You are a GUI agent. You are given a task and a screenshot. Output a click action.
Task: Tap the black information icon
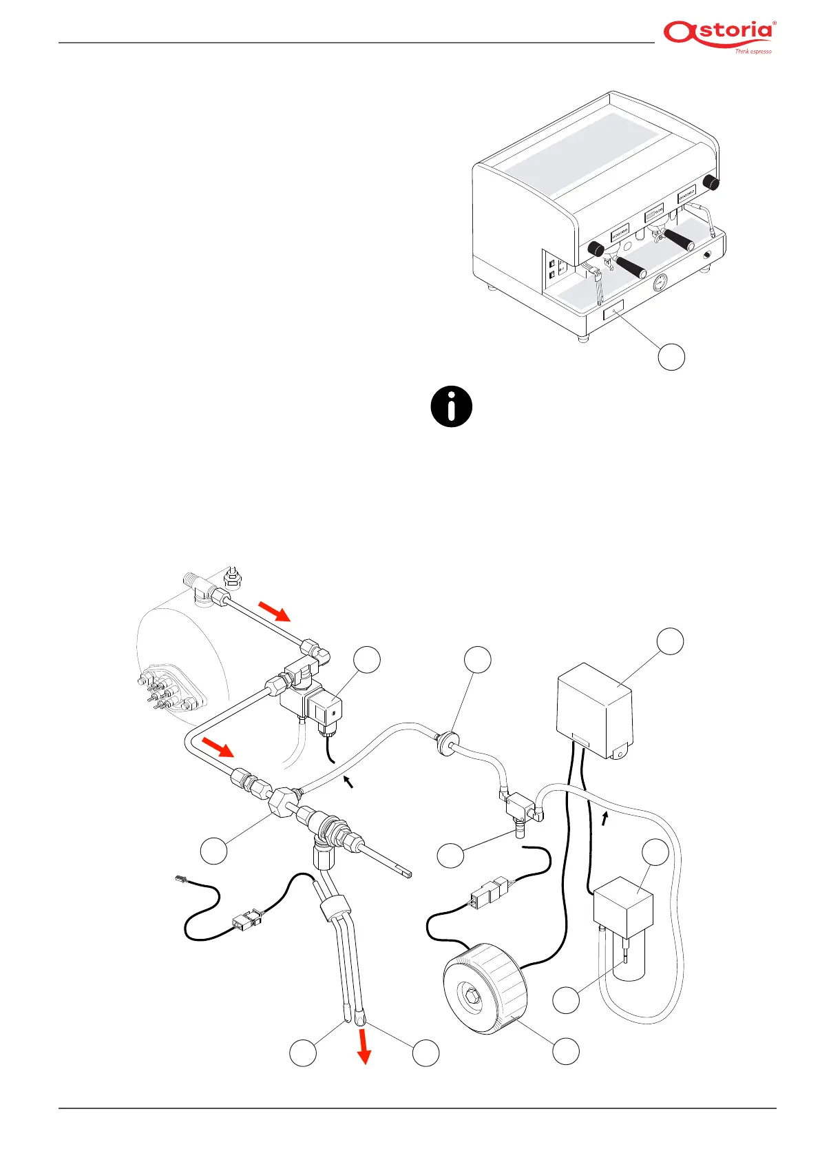pyautogui.click(x=452, y=407)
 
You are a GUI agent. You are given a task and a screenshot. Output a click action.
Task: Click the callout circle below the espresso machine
pyautogui.click(x=671, y=356)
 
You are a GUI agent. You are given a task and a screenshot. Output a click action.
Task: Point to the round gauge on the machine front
pyautogui.click(x=660, y=282)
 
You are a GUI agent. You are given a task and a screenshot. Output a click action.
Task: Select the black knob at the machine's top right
pyautogui.click(x=712, y=183)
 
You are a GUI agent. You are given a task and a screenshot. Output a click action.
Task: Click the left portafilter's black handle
pyautogui.click(x=631, y=267)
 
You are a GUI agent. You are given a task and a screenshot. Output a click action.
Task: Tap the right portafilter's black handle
pyautogui.click(x=678, y=240)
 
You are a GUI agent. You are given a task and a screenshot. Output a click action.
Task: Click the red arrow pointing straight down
pyautogui.click(x=364, y=1049)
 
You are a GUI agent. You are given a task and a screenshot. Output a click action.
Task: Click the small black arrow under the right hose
pyautogui.click(x=605, y=818)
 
